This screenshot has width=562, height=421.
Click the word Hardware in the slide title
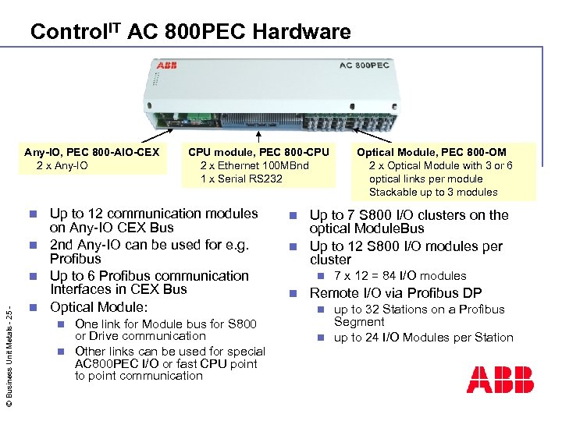[303, 32]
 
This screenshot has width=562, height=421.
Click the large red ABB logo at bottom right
[500, 380]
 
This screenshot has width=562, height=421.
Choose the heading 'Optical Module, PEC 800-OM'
[431, 152]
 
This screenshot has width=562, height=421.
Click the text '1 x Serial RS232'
[241, 179]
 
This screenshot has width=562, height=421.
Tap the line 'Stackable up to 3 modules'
[432, 192]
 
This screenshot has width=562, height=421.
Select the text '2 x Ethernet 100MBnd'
[254, 165]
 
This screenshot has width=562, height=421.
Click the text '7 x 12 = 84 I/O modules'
[400, 276]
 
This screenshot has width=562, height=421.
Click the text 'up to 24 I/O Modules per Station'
[424, 338]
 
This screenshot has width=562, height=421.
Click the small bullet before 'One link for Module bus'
[60, 324]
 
